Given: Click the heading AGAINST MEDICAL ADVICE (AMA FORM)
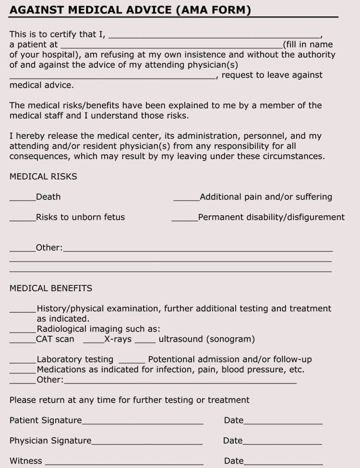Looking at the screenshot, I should [x=130, y=10].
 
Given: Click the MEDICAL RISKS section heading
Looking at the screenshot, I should [x=43, y=176].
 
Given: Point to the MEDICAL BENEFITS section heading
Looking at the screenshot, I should [x=51, y=288].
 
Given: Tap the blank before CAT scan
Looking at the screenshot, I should [x=23, y=341].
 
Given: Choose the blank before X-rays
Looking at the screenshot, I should [x=94, y=341].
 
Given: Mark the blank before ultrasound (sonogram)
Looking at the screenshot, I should [x=145, y=341].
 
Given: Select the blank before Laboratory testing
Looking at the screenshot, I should [x=23, y=361].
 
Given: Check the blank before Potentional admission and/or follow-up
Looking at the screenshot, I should [x=132, y=361].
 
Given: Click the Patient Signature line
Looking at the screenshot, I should [x=143, y=422].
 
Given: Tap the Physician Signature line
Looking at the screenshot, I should [x=147, y=443].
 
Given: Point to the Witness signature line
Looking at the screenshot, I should [x=124, y=463].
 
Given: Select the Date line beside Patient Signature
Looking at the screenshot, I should [x=283, y=422].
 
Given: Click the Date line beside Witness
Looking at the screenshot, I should [x=283, y=463].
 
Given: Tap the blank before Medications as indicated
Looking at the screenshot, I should [x=23, y=371].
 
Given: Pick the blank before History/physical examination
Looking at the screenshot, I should [x=23, y=310].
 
